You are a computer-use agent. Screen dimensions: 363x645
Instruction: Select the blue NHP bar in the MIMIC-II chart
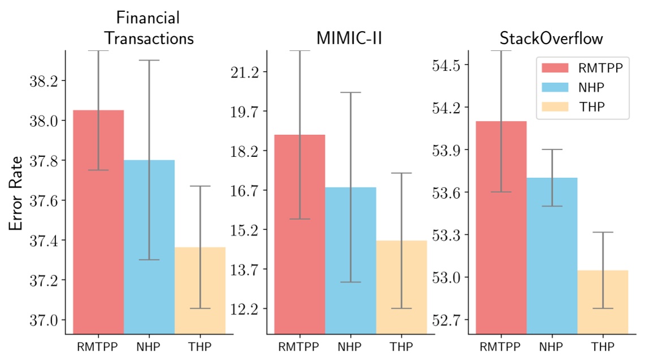coord(351,260)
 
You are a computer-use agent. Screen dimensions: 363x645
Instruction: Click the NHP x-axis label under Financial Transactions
coord(149,347)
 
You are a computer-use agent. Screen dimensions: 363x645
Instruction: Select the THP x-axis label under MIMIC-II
coord(402,347)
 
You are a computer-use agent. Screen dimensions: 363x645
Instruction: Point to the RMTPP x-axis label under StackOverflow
coord(501,347)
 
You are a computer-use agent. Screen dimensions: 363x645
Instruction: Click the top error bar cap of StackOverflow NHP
coord(552,150)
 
